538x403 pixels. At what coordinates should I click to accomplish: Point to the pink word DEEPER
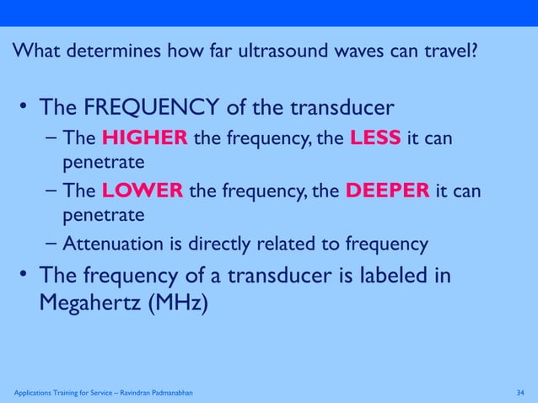pos(386,191)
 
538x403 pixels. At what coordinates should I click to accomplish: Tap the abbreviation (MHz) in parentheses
pos(175,302)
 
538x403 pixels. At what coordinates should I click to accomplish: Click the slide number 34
pos(520,393)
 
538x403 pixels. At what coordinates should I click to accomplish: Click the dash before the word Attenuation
pos(52,244)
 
